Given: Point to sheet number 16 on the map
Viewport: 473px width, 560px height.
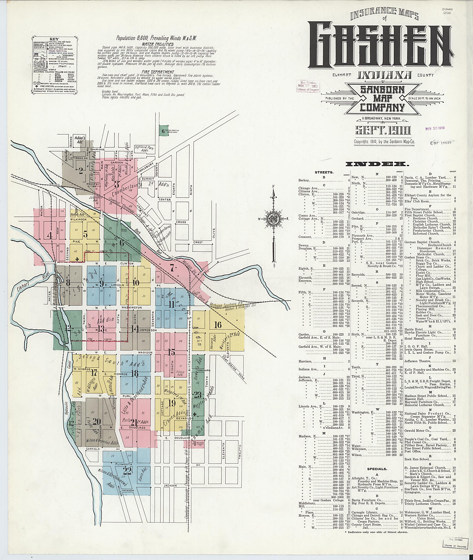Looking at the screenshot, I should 218,325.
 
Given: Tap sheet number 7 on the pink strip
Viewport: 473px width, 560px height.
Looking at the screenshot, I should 172,266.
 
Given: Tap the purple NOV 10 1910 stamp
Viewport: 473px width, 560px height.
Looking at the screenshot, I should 435,128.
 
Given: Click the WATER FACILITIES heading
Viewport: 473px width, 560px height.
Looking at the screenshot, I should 158,44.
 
